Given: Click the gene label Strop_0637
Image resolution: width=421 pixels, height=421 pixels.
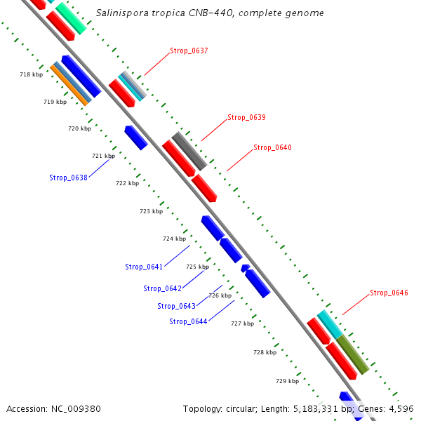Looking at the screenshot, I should click(189, 51).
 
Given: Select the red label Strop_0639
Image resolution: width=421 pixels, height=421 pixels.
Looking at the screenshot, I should click(246, 117).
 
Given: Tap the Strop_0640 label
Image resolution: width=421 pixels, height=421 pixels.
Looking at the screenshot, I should click(272, 147).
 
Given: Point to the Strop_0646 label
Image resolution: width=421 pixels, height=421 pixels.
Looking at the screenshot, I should click(389, 293).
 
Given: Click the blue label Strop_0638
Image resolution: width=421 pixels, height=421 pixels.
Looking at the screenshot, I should click(68, 178).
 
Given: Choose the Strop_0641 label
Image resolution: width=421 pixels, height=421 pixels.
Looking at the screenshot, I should click(144, 267).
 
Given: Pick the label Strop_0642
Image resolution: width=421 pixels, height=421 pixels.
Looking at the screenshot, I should click(162, 288).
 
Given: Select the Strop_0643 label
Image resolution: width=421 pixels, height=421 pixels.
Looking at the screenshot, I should click(176, 306).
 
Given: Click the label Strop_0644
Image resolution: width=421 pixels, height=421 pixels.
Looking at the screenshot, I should click(188, 321).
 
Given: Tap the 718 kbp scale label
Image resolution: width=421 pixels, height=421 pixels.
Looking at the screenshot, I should click(31, 74).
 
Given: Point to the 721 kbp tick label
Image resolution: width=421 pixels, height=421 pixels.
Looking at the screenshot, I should click(103, 156).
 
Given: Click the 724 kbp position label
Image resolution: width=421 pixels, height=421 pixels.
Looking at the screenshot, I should click(174, 239).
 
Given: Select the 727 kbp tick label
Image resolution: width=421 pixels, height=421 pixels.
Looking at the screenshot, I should click(242, 323).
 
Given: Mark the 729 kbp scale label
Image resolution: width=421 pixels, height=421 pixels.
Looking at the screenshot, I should click(287, 381).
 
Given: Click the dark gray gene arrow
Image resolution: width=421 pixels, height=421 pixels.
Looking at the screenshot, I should click(189, 151).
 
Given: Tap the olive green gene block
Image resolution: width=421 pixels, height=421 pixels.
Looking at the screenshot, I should click(352, 354).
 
